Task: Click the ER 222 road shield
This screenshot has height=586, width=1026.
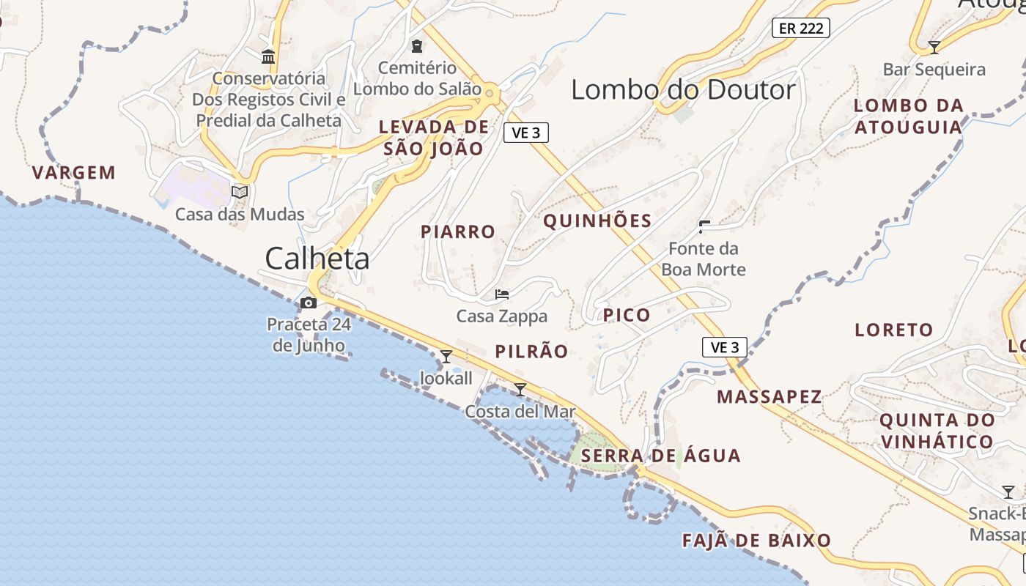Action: (800, 29)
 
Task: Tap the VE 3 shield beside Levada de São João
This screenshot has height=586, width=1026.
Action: (526, 133)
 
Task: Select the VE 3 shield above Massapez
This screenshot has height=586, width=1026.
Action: (724, 347)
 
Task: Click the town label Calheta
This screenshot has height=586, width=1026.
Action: (317, 259)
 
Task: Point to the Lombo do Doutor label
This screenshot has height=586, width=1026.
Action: (683, 90)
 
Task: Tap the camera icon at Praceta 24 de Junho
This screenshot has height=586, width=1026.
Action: (309, 303)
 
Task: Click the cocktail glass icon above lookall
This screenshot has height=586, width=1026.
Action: (446, 357)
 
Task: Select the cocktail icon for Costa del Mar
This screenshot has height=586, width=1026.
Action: (520, 390)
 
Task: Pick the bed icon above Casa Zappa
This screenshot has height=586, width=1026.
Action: (502, 294)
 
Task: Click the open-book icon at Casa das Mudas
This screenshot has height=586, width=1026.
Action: (240, 192)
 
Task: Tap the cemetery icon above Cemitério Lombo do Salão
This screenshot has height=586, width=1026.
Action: (417, 47)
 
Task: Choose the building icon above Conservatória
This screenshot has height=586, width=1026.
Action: (268, 56)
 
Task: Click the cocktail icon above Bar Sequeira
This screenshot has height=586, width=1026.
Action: (934, 48)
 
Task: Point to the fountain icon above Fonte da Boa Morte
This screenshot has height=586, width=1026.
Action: (704, 226)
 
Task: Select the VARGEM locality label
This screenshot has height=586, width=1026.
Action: (74, 173)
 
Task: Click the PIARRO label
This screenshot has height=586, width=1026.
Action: (458, 231)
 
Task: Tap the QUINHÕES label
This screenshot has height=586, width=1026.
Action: (597, 220)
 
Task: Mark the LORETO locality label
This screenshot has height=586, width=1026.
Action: (894, 330)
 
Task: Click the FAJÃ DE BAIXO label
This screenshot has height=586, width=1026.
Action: (757, 541)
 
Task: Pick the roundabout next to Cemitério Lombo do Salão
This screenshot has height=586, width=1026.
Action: (490, 93)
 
